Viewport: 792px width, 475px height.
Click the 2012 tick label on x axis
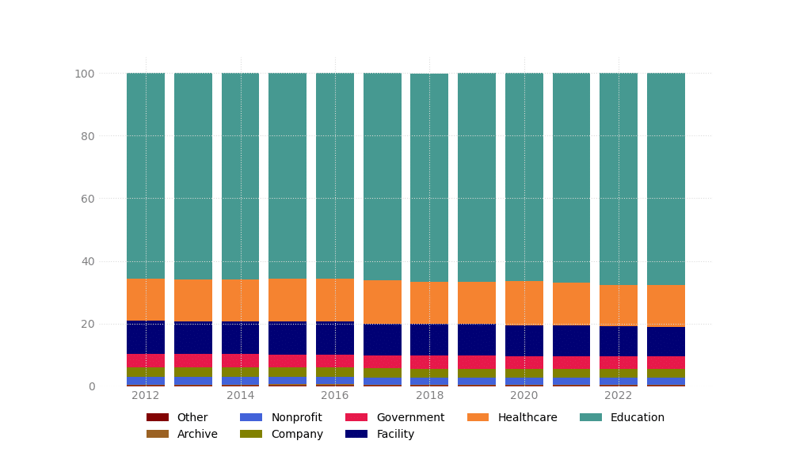pos(146,396)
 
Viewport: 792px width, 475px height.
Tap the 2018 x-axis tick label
pos(429,396)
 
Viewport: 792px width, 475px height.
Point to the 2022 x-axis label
pos(619,396)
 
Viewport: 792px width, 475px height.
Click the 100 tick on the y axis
pos(85,74)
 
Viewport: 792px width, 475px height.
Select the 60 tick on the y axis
pos(88,199)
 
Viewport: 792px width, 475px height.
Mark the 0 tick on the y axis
pos(92,386)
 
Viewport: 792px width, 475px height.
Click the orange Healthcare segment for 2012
pos(146,299)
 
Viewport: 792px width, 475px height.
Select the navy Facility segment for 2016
pos(335,338)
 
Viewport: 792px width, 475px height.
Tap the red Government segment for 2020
pos(524,363)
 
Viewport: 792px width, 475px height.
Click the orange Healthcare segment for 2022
pos(619,306)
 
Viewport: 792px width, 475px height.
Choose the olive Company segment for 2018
pos(429,374)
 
